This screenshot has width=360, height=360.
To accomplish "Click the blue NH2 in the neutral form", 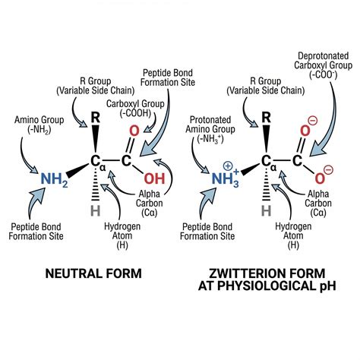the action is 54,179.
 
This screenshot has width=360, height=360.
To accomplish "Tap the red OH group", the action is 154,178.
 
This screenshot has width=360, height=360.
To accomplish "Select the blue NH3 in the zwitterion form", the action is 226,179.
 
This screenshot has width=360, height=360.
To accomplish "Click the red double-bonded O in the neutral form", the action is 134,131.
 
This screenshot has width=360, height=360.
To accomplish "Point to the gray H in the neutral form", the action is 96,210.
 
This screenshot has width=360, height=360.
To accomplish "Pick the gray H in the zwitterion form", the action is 267,210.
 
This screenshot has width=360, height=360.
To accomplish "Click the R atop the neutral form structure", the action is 95,118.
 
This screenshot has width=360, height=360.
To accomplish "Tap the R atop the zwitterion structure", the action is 266,118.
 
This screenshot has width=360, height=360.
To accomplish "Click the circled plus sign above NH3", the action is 228,166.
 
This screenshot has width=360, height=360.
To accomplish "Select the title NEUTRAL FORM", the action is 93,273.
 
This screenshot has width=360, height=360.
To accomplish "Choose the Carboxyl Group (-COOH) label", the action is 135,109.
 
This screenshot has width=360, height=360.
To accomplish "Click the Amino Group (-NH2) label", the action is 39,125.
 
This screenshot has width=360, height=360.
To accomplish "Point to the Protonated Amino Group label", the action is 210,130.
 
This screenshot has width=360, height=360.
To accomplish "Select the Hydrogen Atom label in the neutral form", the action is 122,235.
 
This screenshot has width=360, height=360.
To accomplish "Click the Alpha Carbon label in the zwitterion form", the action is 318,204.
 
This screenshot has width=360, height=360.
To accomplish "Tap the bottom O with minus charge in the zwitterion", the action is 320,178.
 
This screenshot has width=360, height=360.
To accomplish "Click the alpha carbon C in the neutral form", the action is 96,161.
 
